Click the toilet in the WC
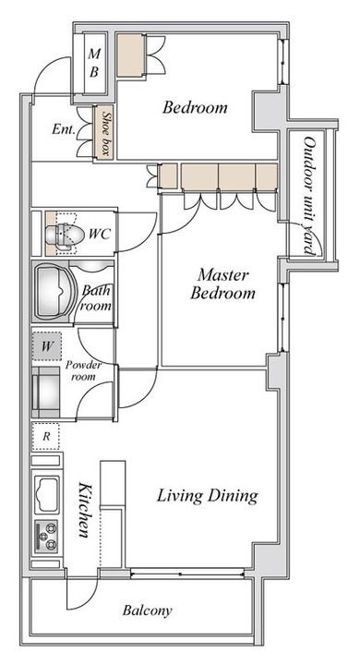click(61, 234)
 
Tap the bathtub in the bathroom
click(54, 291)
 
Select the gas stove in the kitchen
click(47, 537)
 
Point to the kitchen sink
click(47, 494)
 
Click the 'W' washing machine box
click(47, 346)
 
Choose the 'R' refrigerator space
click(46, 436)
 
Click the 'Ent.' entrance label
click(63, 129)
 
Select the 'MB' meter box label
click(94, 63)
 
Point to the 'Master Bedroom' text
click(222, 284)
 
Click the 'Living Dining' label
click(208, 495)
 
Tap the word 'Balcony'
click(147, 611)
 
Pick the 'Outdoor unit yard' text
click(310, 196)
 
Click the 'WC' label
click(100, 234)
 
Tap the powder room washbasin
click(47, 393)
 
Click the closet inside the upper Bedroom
click(130, 55)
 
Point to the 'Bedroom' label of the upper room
click(195, 107)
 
